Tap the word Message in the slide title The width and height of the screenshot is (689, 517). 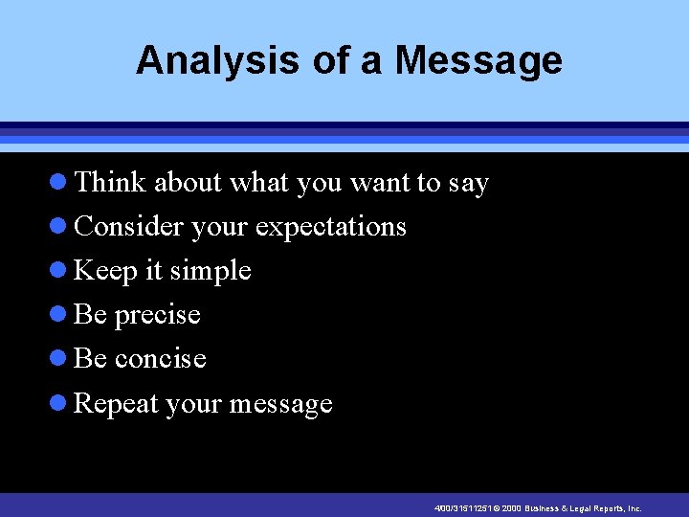pyautogui.click(x=479, y=60)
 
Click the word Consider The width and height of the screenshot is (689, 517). pyautogui.click(x=129, y=226)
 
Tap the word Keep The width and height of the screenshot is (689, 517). pyautogui.click(x=105, y=271)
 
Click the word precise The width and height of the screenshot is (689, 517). pyautogui.click(x=157, y=315)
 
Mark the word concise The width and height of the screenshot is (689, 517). pyautogui.click(x=160, y=358)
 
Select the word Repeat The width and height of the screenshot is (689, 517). pyautogui.click(x=116, y=404)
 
